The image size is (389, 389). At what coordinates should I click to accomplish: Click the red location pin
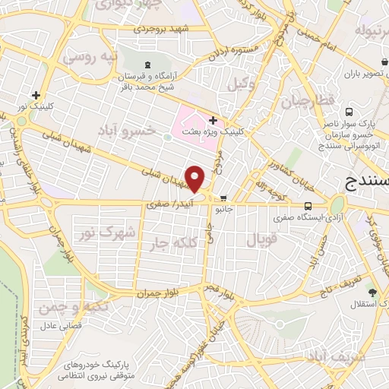[196, 179]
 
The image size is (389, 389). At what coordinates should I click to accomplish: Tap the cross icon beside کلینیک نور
[35, 96]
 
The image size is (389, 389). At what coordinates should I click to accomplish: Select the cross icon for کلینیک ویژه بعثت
[213, 119]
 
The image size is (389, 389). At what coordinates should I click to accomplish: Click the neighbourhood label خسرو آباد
[126, 131]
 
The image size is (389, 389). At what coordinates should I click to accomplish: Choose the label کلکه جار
[173, 243]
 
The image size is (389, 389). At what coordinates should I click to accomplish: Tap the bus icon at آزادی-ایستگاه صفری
[308, 206]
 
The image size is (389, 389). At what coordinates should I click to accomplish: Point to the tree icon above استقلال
[372, 293]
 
